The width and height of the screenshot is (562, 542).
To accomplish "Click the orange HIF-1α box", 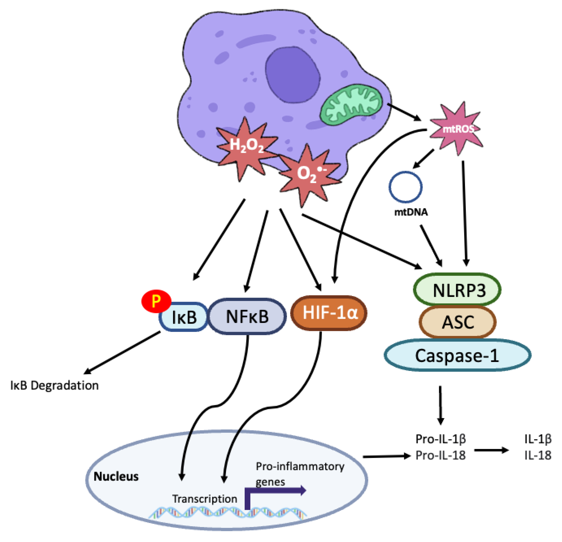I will coord(329,313).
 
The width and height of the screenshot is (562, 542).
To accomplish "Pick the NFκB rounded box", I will coord(247,316).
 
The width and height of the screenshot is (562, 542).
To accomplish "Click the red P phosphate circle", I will coord(156,301).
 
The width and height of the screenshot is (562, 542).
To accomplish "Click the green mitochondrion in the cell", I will coord(351,105).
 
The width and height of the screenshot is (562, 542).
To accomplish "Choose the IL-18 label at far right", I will coord(538,455).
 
